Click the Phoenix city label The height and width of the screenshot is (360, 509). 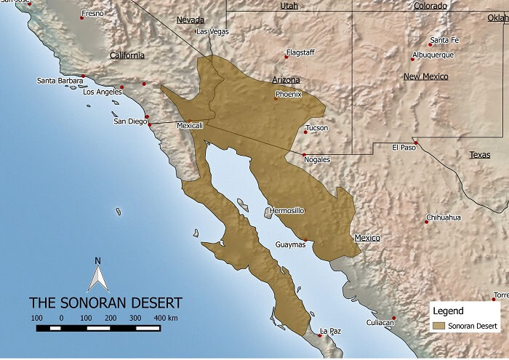(289, 93)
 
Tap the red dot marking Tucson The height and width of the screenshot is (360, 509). (305, 132)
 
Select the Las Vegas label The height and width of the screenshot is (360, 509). (212, 32)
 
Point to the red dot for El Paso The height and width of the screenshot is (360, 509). (414, 141)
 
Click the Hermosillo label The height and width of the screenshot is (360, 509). (286, 211)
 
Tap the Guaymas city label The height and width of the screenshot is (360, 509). (290, 245)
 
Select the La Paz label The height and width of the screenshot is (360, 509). (330, 332)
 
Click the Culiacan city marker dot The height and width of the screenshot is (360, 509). (393, 317)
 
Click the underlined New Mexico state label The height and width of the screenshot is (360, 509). (426, 76)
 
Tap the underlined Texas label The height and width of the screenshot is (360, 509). (479, 154)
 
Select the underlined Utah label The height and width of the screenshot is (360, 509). (289, 6)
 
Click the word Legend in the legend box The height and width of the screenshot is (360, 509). (448, 311)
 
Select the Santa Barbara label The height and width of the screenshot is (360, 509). (60, 81)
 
